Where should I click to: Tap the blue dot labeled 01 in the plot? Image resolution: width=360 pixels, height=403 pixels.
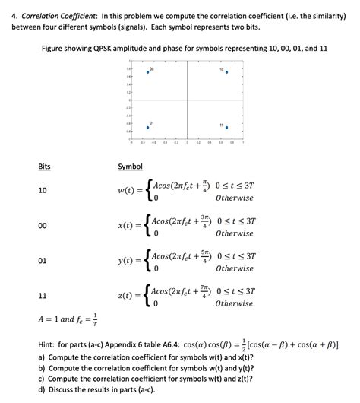click(148, 128)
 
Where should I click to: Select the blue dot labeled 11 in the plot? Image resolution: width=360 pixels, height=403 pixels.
click(226, 128)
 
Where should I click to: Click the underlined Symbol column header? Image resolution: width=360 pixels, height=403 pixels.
click(131, 167)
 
